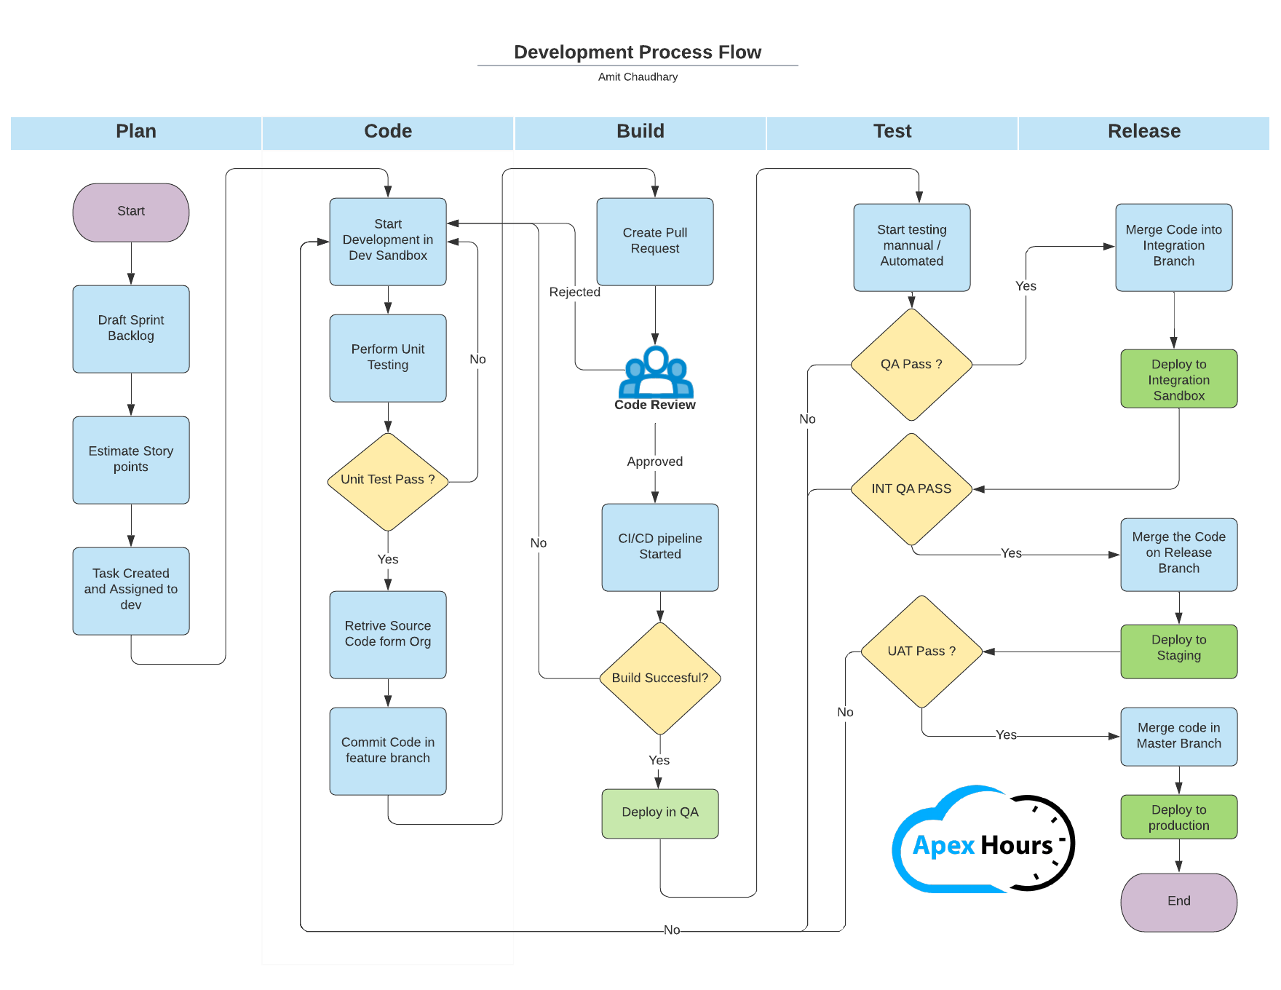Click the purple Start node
pos(131,212)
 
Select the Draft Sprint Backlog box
pos(131,328)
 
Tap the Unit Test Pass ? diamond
pos(388,480)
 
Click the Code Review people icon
pos(655,372)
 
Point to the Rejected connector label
pos(574,292)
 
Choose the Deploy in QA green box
pos(659,813)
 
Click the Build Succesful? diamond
pos(659,678)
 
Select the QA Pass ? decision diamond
pos(911,365)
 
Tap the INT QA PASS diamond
pos(911,489)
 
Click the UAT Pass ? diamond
pos(921,652)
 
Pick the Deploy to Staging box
pos(1178,652)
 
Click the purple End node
pos(1178,902)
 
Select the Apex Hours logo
pos(983,841)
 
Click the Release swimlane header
pos(1143,132)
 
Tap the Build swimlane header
pos(640,132)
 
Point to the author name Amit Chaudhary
pos(638,77)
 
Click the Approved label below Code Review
pos(654,462)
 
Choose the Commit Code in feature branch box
pos(388,751)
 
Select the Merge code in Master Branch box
pos(1178,736)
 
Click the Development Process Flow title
pos(638,52)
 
